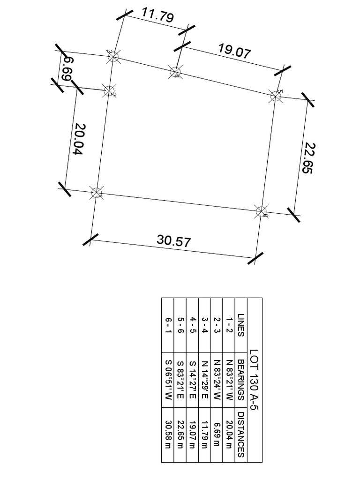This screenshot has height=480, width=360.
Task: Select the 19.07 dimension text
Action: pos(234,51)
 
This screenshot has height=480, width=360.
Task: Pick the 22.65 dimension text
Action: pos(307,158)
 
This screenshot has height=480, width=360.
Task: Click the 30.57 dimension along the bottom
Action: pos(174,241)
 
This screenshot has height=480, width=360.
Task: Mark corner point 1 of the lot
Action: pos(97,192)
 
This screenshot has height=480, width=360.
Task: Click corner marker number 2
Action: pos(109,91)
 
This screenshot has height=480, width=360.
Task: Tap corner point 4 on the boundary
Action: pos(175,72)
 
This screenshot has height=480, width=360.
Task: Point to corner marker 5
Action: pos(276,96)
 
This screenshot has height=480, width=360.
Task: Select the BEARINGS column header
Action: pos(241,380)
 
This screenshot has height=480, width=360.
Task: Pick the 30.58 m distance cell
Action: pos(168,435)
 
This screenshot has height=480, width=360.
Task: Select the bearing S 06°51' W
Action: pos(168,380)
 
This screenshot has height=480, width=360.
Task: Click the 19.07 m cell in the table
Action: pos(192,435)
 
